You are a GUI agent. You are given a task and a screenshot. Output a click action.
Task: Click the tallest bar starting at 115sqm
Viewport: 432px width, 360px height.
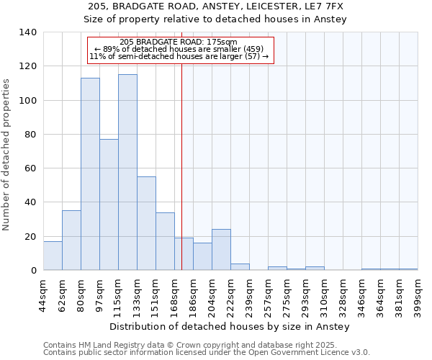tap(127, 173)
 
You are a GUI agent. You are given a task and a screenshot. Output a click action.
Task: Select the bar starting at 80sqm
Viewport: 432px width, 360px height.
tap(90, 174)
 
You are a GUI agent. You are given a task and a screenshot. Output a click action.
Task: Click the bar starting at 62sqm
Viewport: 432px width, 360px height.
tap(71, 240)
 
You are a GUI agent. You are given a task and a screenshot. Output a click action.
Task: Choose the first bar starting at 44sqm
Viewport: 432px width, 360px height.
tap(53, 256)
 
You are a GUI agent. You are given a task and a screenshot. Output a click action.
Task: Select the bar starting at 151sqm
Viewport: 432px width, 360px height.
tap(165, 241)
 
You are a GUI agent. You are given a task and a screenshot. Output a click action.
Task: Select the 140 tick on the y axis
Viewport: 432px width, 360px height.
tap(29, 32)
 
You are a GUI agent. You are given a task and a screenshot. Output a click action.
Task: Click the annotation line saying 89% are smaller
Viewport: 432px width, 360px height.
tap(179, 49)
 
